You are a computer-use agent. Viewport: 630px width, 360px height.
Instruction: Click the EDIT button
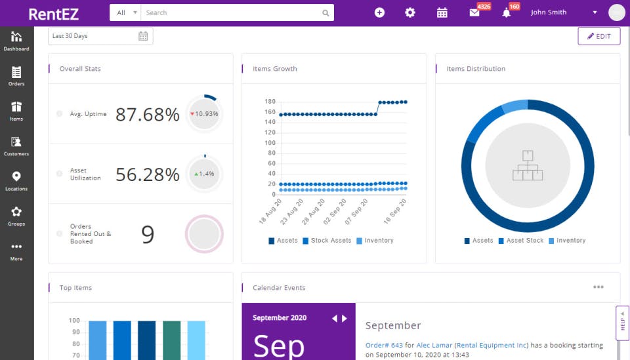coord(598,36)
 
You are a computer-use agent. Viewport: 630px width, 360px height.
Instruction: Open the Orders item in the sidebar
coord(16,75)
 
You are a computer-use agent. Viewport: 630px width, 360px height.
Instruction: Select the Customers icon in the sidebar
coord(16,145)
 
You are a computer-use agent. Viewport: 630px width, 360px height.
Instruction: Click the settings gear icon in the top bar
coord(410,12)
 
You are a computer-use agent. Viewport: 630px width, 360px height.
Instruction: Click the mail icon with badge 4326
coord(474,12)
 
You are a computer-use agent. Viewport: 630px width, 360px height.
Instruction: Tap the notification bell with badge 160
coord(506,12)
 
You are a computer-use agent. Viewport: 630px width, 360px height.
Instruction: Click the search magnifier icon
coord(325,12)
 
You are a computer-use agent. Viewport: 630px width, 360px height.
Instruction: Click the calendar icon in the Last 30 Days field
coord(143,36)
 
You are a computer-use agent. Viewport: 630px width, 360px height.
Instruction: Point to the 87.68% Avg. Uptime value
coord(147,114)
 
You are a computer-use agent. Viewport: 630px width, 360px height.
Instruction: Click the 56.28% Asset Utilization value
coord(147,174)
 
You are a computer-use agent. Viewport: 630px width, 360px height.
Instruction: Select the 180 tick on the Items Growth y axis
coord(270,102)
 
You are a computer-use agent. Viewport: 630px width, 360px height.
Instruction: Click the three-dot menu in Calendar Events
coord(598,287)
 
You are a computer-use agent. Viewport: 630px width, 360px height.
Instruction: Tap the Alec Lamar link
coord(434,345)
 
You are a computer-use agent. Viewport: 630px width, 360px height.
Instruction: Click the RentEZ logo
coord(54,13)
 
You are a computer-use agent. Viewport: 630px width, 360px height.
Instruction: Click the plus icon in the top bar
coord(379,12)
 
